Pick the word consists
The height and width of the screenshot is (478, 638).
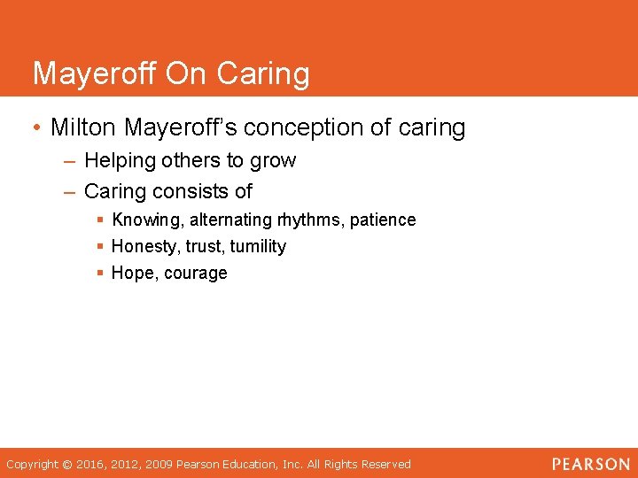pyautogui.click(x=191, y=191)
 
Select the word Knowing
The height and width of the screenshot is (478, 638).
pyautogui.click(x=147, y=220)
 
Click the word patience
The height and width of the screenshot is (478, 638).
pyautogui.click(x=383, y=220)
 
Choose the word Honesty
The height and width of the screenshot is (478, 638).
pyautogui.click(x=145, y=247)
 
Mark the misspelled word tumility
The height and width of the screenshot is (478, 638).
pyautogui.click(x=258, y=247)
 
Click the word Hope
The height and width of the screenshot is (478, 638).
pyautogui.click(x=132, y=274)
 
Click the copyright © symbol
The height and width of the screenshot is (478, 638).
pyautogui.click(x=67, y=465)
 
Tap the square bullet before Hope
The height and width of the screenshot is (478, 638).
pyautogui.click(x=102, y=274)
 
